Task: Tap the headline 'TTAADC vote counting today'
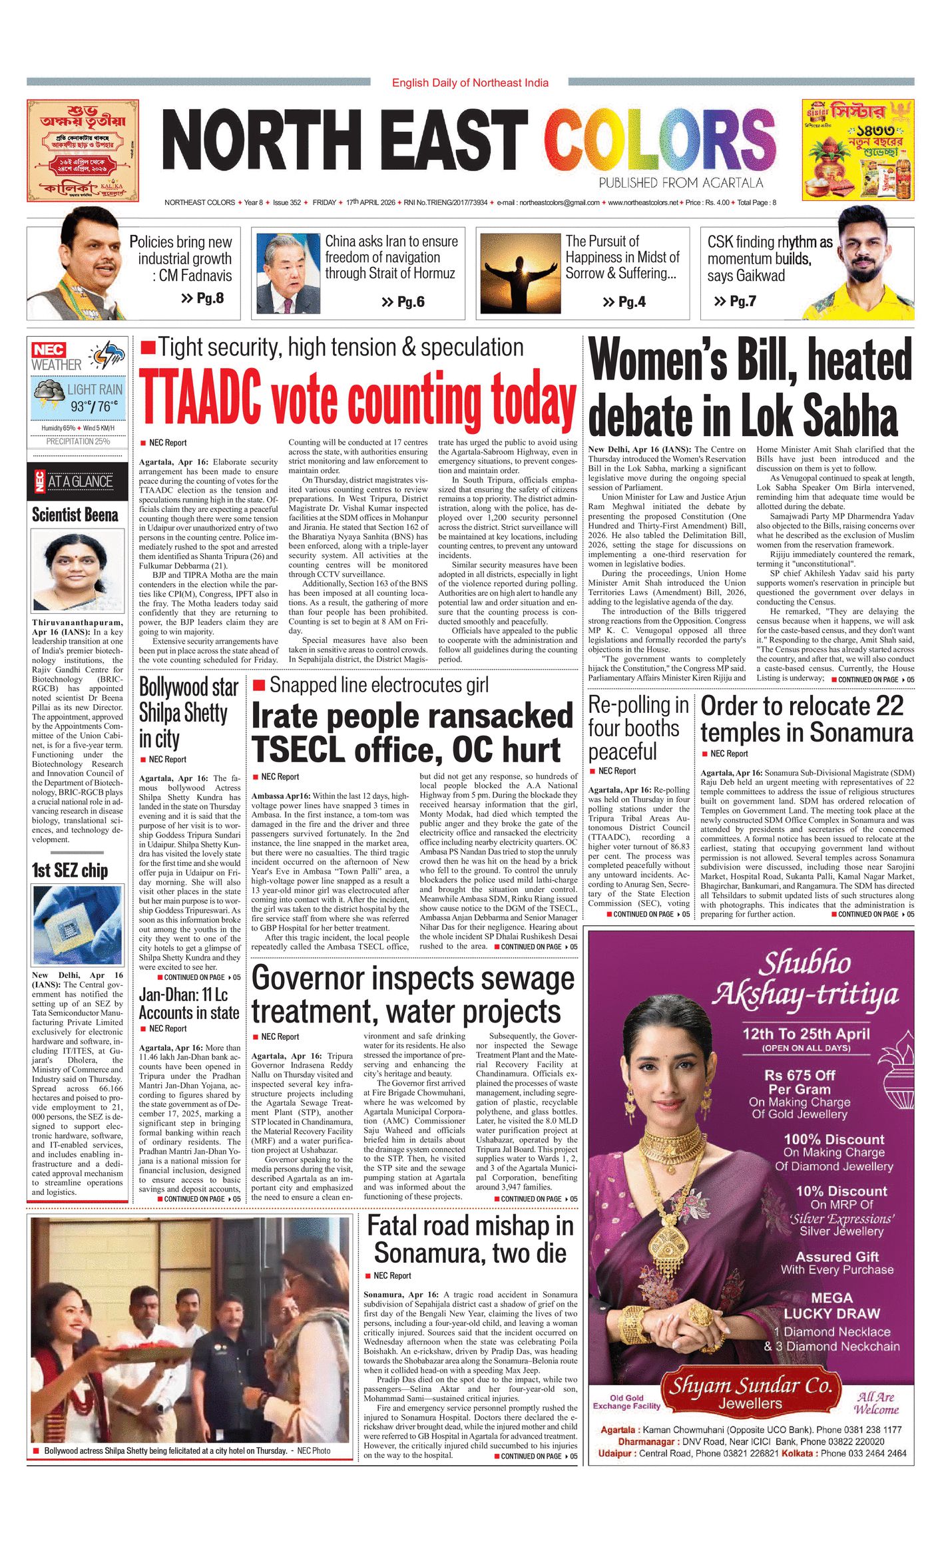pos(357,399)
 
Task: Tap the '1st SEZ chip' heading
pos(70,870)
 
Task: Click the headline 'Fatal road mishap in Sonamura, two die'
pos(470,1239)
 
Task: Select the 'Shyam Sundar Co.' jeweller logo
pos(750,1390)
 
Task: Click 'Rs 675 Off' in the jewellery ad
pos(800,1076)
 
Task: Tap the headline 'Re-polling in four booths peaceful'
pos(638,728)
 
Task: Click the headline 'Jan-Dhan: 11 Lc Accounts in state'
pos(189,1004)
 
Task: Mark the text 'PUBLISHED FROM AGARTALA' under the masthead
pos(680,183)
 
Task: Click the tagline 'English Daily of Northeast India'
pos(470,83)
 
